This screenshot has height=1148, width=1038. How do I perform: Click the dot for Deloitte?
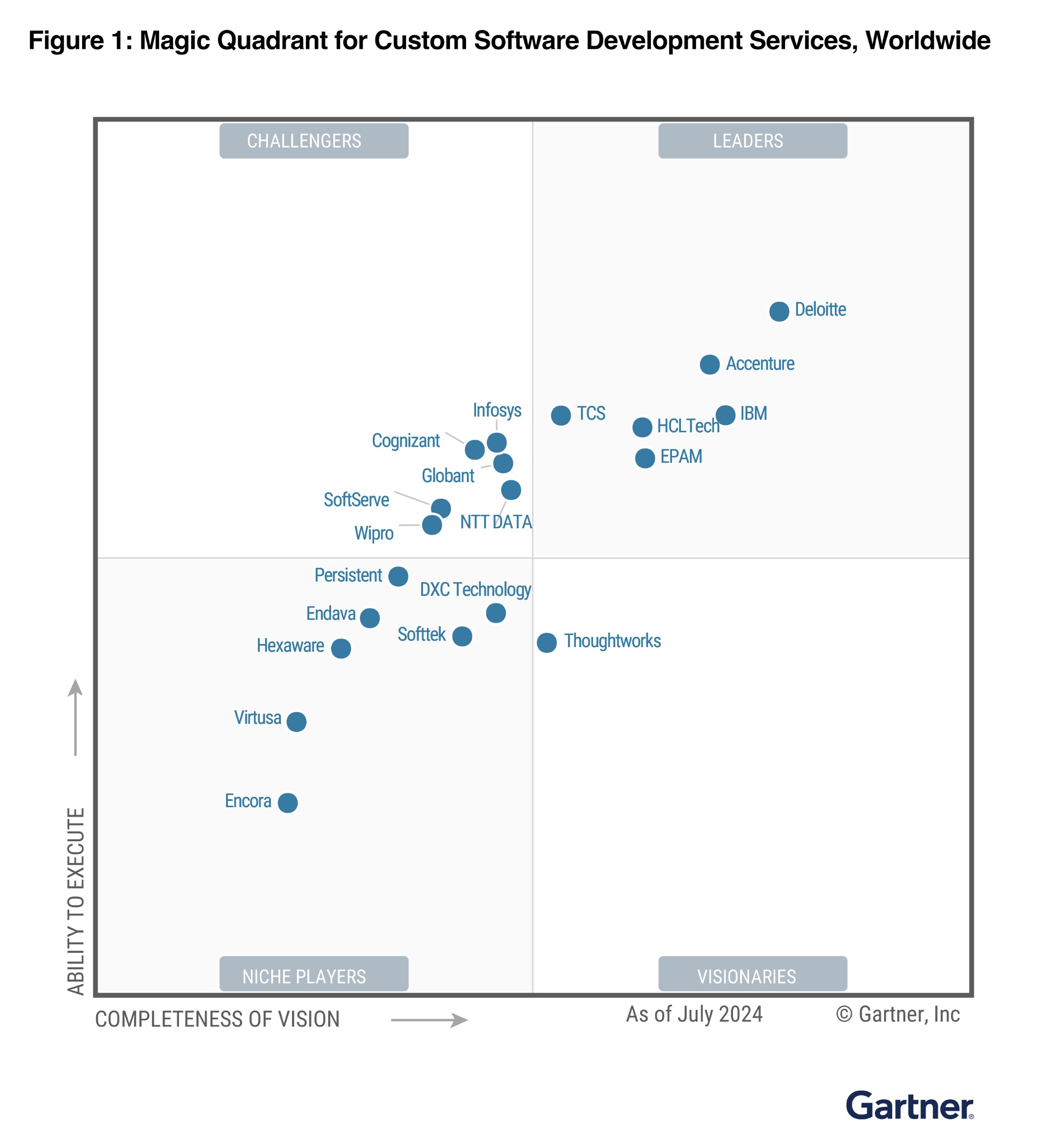click(x=779, y=312)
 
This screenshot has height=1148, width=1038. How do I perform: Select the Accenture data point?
click(x=709, y=365)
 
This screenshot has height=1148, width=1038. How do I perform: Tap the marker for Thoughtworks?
click(x=546, y=643)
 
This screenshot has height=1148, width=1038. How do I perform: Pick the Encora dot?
click(x=288, y=803)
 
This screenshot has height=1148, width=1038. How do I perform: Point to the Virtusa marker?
click(x=296, y=722)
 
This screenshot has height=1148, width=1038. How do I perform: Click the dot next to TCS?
click(x=561, y=415)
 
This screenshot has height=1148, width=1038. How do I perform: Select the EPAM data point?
click(x=645, y=458)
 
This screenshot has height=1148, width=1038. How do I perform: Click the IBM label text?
click(x=753, y=413)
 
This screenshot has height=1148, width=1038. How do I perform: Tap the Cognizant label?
click(x=406, y=441)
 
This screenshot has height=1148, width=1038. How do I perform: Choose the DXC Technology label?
click(x=475, y=589)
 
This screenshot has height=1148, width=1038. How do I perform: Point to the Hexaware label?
click(x=290, y=646)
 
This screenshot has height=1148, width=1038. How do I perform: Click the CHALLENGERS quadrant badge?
click(x=314, y=141)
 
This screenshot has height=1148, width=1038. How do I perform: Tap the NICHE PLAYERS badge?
click(x=314, y=976)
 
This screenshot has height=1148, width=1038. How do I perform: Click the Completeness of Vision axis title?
click(x=217, y=1019)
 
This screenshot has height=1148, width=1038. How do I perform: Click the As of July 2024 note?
click(x=694, y=1014)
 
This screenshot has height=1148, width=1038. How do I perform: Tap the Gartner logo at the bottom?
click(x=909, y=1106)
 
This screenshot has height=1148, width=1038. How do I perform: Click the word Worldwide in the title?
click(x=928, y=41)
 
